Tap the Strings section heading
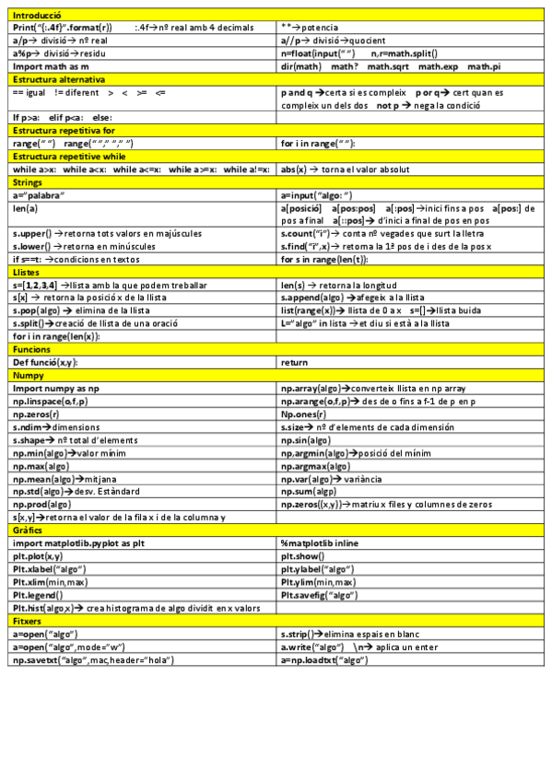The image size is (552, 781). (x=28, y=183)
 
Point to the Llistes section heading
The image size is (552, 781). (x=27, y=273)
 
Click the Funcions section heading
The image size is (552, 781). (x=31, y=350)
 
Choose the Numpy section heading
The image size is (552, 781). (x=29, y=376)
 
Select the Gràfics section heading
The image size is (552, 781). (x=29, y=530)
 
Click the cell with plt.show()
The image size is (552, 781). (x=305, y=556)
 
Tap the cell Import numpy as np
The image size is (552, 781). (x=55, y=389)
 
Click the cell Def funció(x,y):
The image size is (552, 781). (x=45, y=363)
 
